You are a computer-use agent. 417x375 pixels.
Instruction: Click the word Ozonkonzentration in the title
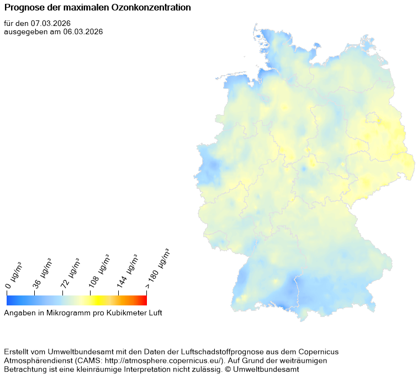(155, 8)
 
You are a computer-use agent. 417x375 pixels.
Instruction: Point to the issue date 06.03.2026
(83, 31)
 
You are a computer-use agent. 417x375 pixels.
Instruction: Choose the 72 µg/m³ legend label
(70, 273)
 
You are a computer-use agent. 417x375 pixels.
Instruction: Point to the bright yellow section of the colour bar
(95, 300)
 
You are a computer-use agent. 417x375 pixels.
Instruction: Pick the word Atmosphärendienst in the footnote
(38, 361)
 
